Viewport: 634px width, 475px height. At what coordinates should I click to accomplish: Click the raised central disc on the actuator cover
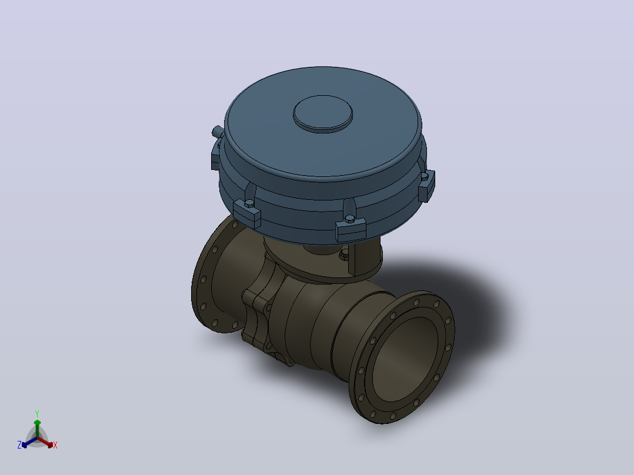pyautogui.click(x=323, y=113)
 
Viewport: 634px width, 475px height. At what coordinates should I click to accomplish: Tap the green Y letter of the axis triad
pyautogui.click(x=37, y=413)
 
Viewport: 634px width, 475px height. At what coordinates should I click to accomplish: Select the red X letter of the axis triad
pyautogui.click(x=55, y=445)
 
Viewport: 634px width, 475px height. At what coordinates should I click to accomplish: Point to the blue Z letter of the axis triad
pyautogui.click(x=19, y=445)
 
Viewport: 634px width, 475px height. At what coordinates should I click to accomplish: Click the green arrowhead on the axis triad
pyautogui.click(x=37, y=423)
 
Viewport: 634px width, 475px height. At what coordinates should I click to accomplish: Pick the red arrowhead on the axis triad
pyautogui.click(x=49, y=444)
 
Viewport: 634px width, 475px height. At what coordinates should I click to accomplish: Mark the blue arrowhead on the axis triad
pyautogui.click(x=25, y=444)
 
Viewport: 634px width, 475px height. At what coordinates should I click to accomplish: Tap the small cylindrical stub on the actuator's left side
pyautogui.click(x=218, y=131)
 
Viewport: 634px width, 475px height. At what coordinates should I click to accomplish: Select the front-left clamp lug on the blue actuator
pyautogui.click(x=247, y=213)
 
